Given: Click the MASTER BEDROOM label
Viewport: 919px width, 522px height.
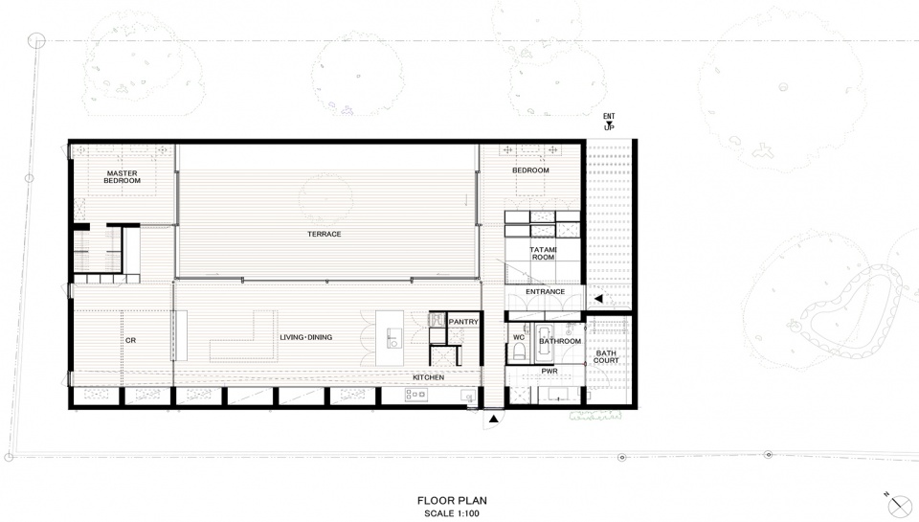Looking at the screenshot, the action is [x=123, y=177].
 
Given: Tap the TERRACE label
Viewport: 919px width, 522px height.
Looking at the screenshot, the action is [x=325, y=234].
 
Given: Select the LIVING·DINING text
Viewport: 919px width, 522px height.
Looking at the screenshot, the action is [x=306, y=337].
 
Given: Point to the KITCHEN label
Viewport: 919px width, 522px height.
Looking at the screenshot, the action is [x=429, y=377].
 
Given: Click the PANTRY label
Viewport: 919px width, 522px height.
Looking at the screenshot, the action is [x=463, y=322].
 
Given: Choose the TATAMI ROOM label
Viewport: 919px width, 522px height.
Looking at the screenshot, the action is [x=544, y=254].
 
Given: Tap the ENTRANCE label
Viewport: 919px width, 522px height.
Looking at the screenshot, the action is [x=545, y=291].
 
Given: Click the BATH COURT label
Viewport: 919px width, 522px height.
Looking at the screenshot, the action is [x=606, y=356].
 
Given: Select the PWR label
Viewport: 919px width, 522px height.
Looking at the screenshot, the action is [x=549, y=372].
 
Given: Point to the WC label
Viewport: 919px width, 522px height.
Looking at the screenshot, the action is [x=519, y=337].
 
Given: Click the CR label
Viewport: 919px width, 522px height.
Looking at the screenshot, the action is [x=131, y=340].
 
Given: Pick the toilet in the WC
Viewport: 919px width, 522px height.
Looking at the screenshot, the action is [x=519, y=352].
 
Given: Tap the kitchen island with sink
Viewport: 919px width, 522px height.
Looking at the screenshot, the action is [x=390, y=338].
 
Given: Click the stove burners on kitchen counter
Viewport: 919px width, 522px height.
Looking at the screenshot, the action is [x=415, y=396].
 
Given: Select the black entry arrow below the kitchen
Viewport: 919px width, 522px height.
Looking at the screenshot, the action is [x=494, y=419].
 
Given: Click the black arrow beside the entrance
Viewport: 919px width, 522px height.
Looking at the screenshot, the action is [x=598, y=299].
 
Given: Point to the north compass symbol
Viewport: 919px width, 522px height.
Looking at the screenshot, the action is [x=899, y=505].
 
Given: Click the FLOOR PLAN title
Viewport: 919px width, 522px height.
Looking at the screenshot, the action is [x=452, y=501].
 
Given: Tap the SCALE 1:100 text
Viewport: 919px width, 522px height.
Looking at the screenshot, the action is [x=452, y=513].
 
